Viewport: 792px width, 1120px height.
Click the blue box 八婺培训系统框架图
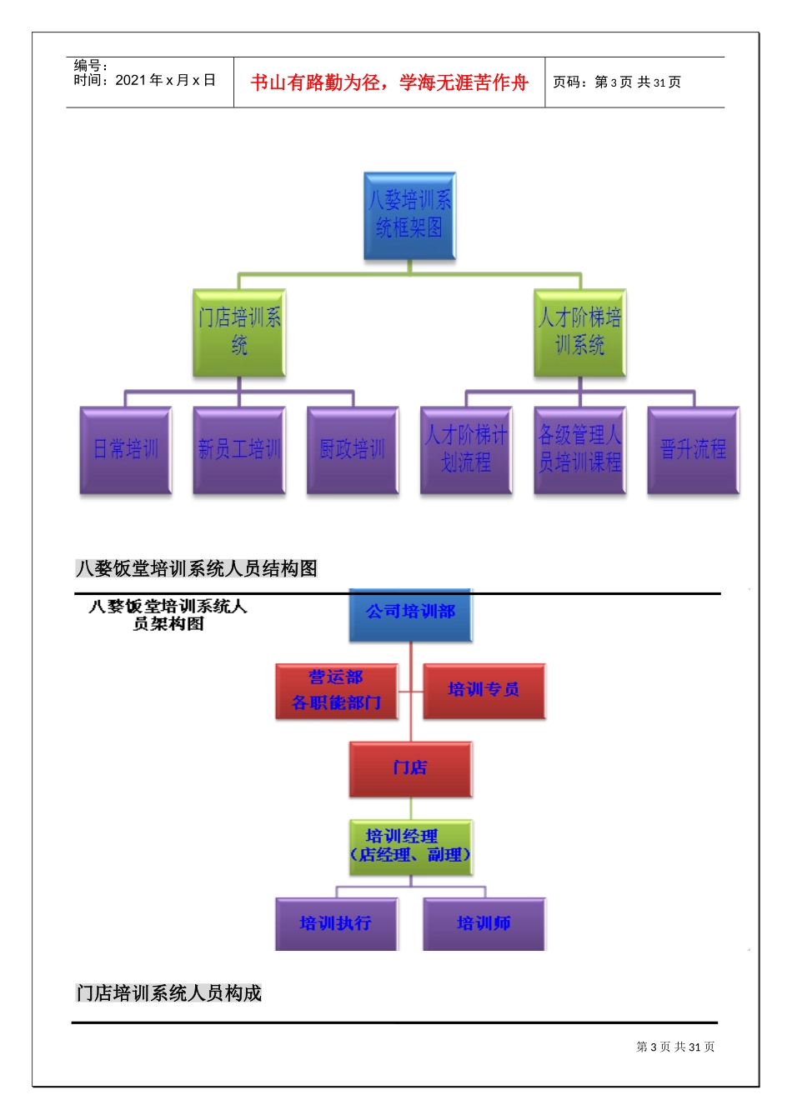409,216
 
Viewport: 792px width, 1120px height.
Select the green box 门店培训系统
239,332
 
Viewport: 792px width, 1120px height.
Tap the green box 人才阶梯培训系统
579,332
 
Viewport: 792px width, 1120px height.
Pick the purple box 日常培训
126,450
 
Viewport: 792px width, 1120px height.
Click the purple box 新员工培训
239,450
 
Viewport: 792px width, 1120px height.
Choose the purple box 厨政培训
353,450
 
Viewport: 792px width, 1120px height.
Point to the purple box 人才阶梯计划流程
466,450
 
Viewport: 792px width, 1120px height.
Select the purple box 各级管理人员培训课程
579,450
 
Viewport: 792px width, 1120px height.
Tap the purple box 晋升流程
693,450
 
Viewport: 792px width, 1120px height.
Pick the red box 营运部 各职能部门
337,691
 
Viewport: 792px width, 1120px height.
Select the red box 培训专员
484,691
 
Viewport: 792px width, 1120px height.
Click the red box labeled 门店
410,768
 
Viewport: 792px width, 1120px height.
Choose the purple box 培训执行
336,923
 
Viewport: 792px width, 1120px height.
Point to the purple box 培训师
484,923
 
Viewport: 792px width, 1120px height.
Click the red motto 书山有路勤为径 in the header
389,82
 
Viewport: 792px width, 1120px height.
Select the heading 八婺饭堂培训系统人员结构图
197,568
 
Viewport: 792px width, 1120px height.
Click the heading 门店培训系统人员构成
168,993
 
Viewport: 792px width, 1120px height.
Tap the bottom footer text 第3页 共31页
675,1047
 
